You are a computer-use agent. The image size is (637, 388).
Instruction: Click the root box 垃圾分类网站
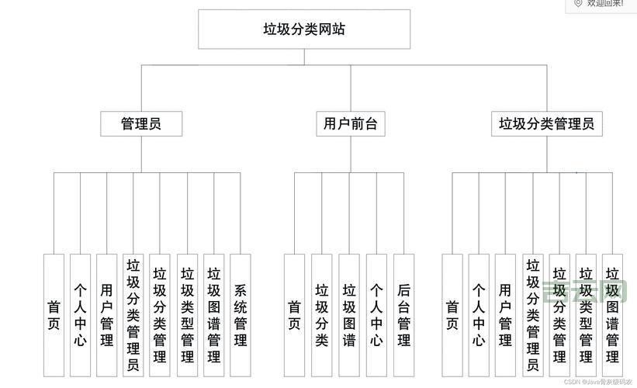coord(303,29)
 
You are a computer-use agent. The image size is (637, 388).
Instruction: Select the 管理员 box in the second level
coord(141,123)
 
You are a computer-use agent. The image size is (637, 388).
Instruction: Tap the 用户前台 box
coord(350,123)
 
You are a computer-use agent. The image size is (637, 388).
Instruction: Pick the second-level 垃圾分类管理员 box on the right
coord(546,123)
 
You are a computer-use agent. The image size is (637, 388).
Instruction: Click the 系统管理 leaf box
coord(241,314)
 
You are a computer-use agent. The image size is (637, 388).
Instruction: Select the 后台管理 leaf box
coord(403,314)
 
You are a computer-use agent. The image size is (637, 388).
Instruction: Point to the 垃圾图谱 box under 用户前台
coord(349,314)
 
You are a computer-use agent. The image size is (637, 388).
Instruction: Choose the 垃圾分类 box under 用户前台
coord(322,314)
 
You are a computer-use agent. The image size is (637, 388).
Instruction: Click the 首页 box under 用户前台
coord(294,314)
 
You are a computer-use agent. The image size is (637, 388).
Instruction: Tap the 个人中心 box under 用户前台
coord(376,314)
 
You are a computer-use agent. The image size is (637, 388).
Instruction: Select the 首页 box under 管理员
coord(54,314)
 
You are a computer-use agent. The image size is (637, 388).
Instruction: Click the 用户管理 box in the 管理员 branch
coord(106,314)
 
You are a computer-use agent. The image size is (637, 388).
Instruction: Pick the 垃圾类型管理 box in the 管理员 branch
coord(187,314)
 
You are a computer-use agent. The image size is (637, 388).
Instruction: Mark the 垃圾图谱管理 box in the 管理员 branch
coord(214,314)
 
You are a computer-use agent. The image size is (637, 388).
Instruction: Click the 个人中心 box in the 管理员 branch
coord(80,314)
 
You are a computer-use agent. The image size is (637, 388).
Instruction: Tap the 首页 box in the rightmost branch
coord(452,314)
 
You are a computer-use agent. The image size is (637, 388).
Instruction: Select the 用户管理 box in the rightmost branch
coord(505,314)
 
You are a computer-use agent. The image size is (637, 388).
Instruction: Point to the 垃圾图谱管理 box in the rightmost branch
coord(612,314)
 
